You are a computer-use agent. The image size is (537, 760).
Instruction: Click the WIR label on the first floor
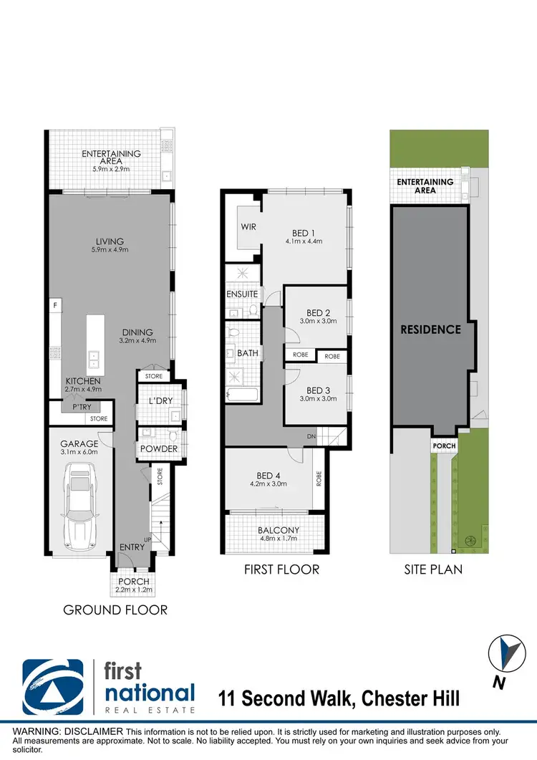coord(248,227)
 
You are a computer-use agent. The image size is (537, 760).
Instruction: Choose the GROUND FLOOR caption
coord(115,610)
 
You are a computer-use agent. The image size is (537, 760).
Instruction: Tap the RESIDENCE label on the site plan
coord(430,330)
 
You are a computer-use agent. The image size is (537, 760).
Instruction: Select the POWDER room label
coord(158,449)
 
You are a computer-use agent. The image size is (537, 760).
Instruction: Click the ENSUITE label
coord(242,294)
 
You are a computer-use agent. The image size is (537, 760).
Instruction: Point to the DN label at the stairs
coord(311,435)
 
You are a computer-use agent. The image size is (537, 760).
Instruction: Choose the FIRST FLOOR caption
coord(281,570)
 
